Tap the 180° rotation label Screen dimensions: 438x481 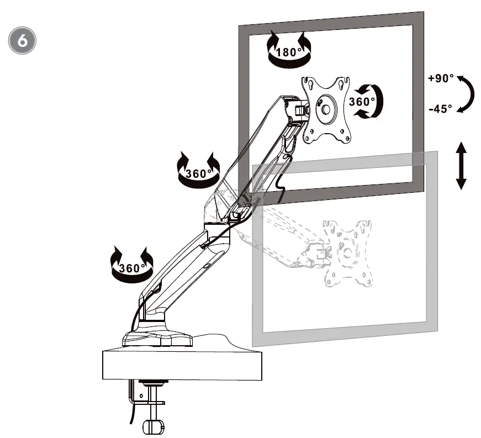288,52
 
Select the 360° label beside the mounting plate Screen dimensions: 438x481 362,102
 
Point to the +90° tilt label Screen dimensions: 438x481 441,78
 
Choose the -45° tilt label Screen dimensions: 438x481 440,108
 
